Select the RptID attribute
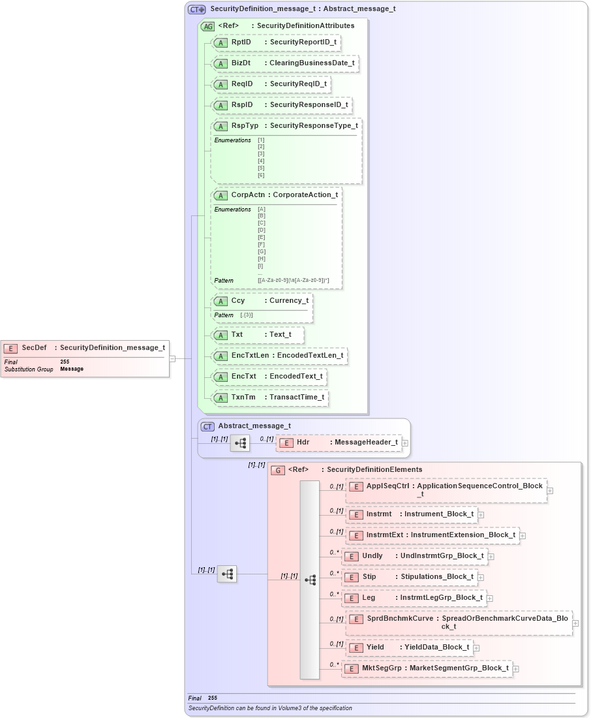pyautogui.click(x=277, y=42)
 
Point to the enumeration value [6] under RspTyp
pyautogui.click(x=261, y=175)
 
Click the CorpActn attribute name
pyautogui.click(x=249, y=195)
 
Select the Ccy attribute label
pyautogui.click(x=237, y=301)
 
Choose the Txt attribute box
pyautogui.click(x=258, y=335)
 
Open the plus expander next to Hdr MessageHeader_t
pyautogui.click(x=405, y=443)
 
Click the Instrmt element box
pyautogui.click(x=412, y=514)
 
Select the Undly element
pyautogui.click(x=415, y=556)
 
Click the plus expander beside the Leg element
pyautogui.click(x=490, y=598)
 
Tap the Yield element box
pyautogui.click(x=409, y=648)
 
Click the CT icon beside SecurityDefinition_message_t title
pyautogui.click(x=196, y=9)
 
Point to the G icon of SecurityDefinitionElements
pyautogui.click(x=277, y=470)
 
